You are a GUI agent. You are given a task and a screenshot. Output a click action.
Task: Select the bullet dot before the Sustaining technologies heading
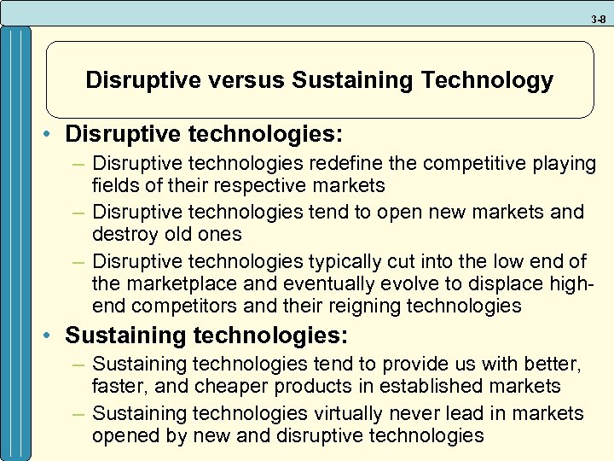tap(53, 335)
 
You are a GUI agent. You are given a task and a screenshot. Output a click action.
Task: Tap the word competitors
tap(181, 306)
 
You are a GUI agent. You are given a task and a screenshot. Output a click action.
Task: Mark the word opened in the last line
tap(123, 436)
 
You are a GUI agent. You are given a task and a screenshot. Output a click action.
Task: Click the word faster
tap(119, 387)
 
